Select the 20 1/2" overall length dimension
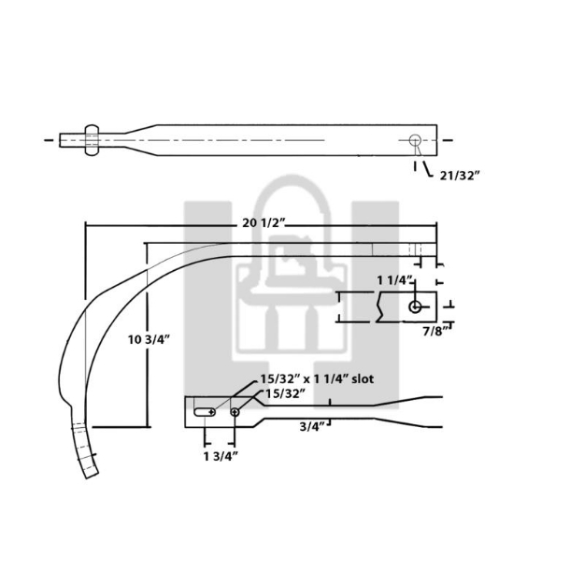pyautogui.click(x=263, y=222)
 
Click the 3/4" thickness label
pyautogui.click(x=312, y=427)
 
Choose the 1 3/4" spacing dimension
pyautogui.click(x=221, y=455)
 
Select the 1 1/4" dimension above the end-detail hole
pyautogui.click(x=394, y=280)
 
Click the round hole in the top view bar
pyautogui.click(x=415, y=141)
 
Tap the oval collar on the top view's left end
pyautogui.click(x=92, y=140)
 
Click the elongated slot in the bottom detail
pyautogui.click(x=205, y=411)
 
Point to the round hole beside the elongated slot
pyautogui.click(x=235, y=411)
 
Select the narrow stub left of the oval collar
pyautogui.click(x=71, y=140)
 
